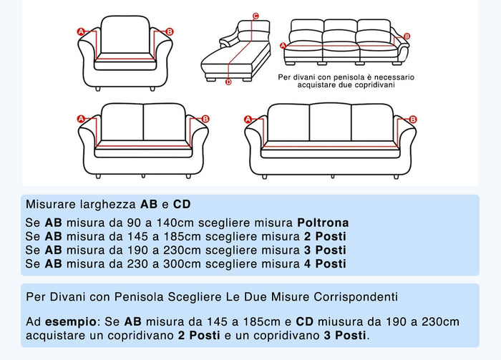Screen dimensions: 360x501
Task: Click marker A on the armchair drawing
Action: point(81,31)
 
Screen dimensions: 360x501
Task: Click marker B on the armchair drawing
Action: point(170,31)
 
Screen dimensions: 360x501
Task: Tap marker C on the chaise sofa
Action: point(256,14)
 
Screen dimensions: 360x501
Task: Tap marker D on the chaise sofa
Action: point(228,82)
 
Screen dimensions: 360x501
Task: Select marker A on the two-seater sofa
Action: point(81,119)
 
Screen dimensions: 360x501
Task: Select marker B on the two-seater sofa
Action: point(205,119)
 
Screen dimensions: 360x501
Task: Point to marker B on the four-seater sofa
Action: point(414,120)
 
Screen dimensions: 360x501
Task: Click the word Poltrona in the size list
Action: point(323,223)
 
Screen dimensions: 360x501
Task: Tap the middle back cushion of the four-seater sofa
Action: point(330,122)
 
